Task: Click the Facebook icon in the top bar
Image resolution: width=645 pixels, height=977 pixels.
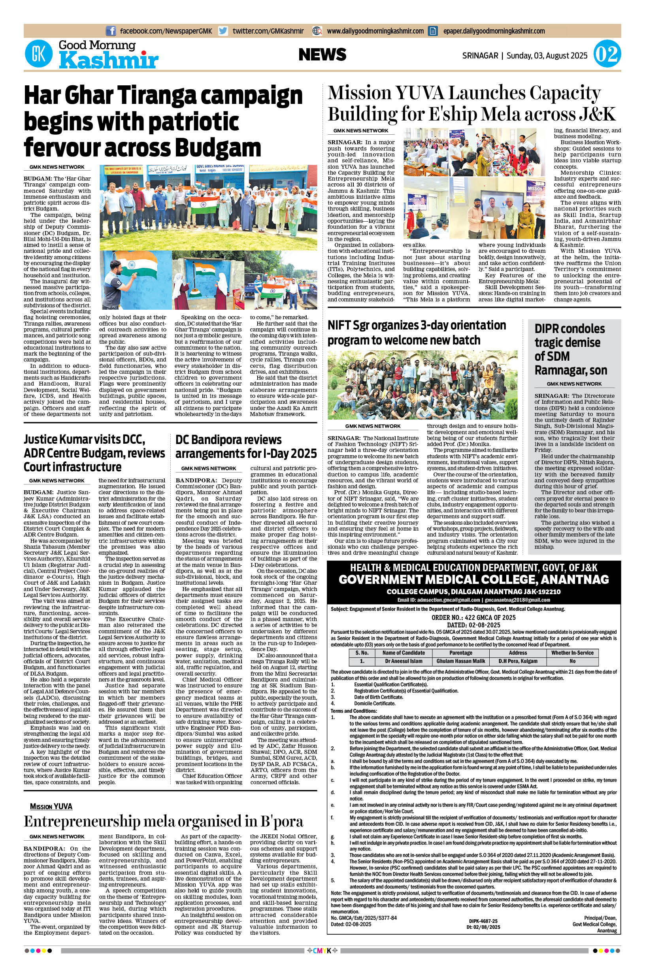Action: pos(111,31)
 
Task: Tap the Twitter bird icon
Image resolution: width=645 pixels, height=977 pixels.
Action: pos(223,31)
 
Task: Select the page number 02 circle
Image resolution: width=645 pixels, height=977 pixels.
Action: pos(607,55)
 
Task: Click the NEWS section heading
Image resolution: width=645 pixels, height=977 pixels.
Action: pos(322,55)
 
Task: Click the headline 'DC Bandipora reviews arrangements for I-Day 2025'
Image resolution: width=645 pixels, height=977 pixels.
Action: pos(246,446)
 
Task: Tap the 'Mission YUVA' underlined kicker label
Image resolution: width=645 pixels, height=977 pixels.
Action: pos(51,806)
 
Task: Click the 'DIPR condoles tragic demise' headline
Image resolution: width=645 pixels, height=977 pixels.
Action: pos(570,349)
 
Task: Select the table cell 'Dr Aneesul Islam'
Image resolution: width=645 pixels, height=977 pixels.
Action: pos(404,661)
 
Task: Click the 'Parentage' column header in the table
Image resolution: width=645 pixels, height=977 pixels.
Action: pos(461,653)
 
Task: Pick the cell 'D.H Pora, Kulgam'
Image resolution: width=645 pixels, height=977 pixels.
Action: pos(517,661)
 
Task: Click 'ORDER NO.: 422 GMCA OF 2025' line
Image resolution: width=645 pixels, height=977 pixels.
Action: pos(473,617)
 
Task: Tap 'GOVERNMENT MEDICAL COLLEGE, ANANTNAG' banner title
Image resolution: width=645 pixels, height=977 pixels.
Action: pos(473,580)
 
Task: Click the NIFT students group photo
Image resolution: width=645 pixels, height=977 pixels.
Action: pos(422,385)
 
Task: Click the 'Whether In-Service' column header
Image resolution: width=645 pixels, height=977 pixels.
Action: pos(572,653)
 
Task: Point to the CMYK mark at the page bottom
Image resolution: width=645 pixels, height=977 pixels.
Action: pos(322,963)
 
